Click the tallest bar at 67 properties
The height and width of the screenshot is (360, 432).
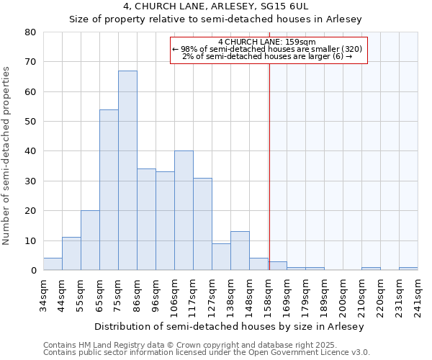pos(127,171)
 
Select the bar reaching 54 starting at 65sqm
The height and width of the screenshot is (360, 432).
pos(109,190)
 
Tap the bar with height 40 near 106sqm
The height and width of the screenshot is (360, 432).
pos(184,210)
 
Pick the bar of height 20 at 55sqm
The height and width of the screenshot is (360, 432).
pos(90,240)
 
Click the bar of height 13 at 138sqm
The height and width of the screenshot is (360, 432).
pos(240,251)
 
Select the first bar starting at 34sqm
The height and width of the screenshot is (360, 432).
pos(53,264)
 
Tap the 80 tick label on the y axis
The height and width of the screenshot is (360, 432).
pos(30,32)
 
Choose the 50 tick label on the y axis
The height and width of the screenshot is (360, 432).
pos(30,122)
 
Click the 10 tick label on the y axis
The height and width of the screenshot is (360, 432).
pos(30,240)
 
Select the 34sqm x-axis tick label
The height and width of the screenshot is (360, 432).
pos(44,294)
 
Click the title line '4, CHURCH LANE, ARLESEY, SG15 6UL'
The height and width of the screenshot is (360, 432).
pos(215,6)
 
